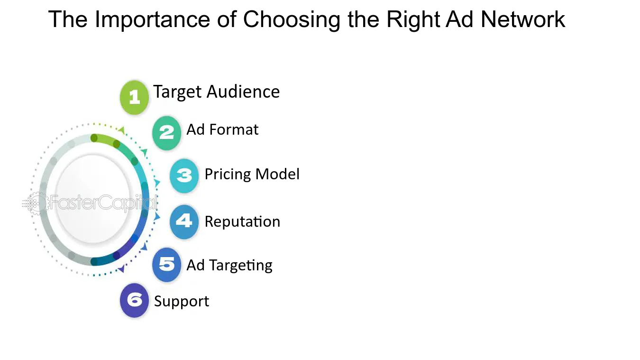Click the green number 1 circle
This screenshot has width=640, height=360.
pos(134,97)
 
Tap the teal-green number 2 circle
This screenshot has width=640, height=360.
pos(166,133)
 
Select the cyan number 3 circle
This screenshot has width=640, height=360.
pos(184,175)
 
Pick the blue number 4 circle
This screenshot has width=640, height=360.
pos(184,222)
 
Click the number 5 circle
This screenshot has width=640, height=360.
pos(166,265)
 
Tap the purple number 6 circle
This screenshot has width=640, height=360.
pos(134,300)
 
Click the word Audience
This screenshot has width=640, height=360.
pos(243,92)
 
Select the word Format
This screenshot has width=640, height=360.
pos(234,129)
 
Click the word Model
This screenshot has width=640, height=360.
pos(277,174)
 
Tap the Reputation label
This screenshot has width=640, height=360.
pos(243,222)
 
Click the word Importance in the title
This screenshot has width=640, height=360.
pos(152,19)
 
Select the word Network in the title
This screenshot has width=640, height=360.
pos(523,19)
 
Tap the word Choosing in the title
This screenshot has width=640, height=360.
pos(292,20)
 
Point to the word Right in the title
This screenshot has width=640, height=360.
pos(413,20)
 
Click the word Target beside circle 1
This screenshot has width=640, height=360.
pos(177,92)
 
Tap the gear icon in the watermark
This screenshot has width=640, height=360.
pos(36,203)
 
